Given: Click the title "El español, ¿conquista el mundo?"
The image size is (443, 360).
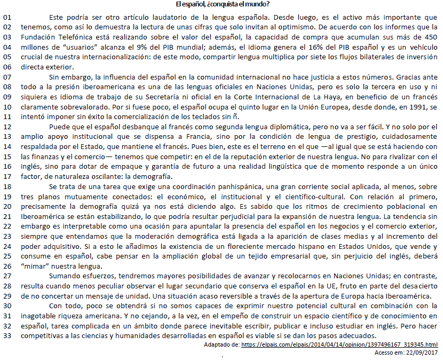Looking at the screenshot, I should coord(221,5).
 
